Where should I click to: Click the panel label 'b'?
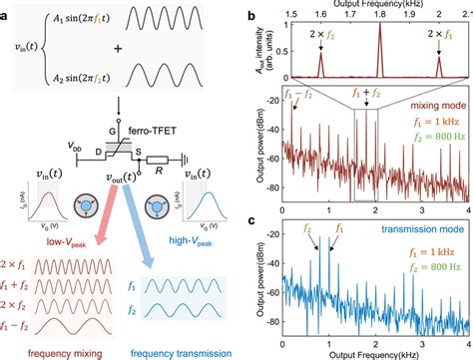tap(251, 13)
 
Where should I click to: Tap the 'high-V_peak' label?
tap(193, 239)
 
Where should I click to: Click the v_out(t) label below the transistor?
tap(123, 177)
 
